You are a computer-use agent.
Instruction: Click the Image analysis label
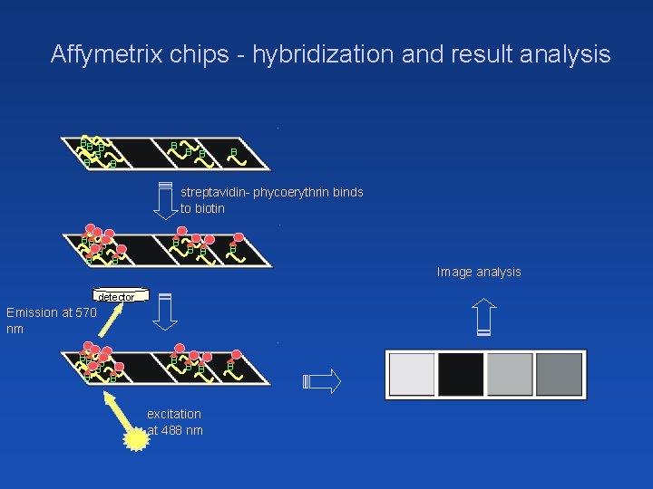[x=479, y=272]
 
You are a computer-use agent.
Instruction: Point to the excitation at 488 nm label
[x=174, y=422]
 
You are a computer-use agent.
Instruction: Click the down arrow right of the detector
[x=165, y=313]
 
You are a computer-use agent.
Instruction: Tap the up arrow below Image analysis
[x=484, y=318]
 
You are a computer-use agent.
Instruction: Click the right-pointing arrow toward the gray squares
[x=326, y=379]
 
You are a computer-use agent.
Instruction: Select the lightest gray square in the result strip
[x=412, y=375]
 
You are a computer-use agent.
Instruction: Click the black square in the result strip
[x=461, y=375]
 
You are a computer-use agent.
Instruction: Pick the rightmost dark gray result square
[x=559, y=375]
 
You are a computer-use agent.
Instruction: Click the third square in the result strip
[x=510, y=375]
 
